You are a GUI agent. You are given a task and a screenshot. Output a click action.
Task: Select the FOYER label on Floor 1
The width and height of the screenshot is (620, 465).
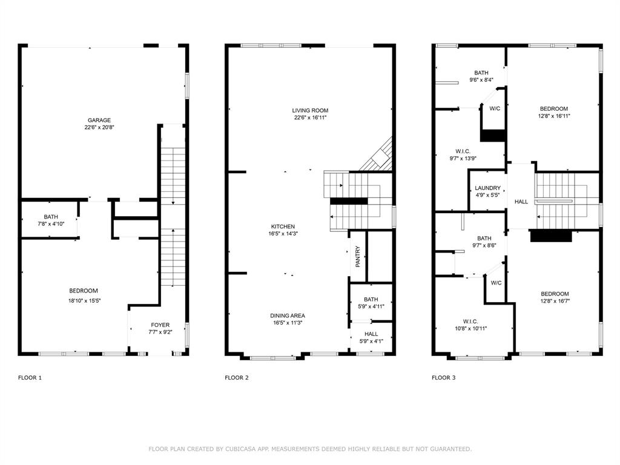point(160,325)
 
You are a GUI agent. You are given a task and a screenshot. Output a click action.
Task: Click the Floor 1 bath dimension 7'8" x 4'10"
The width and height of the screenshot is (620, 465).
point(51,224)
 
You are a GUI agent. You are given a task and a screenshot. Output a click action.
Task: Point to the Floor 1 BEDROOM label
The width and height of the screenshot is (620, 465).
point(83,291)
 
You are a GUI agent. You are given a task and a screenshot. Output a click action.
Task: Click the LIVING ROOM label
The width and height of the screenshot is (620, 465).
point(310,110)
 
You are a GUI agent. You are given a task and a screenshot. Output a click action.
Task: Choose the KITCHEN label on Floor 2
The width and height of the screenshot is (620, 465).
point(283,226)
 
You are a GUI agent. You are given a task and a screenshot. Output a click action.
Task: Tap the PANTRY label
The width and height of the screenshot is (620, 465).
point(358,257)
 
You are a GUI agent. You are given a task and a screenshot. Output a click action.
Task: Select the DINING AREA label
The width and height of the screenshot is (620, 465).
point(287,315)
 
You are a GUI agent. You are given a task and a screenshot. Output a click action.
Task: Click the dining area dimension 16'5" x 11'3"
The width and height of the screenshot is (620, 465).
point(287,323)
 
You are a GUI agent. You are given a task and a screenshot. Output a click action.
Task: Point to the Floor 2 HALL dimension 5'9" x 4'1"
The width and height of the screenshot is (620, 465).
point(371,341)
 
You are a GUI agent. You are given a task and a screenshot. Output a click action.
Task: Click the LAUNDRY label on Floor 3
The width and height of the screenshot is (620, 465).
point(487,188)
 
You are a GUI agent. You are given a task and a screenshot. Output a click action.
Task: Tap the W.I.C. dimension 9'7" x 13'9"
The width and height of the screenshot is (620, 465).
point(458,159)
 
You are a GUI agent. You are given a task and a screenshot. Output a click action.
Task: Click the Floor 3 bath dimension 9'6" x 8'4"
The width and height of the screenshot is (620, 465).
point(481,80)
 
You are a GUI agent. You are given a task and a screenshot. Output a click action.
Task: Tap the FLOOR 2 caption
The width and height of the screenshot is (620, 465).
point(237,378)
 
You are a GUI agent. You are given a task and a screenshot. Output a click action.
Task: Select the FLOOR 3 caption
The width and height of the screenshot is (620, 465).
point(444,378)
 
